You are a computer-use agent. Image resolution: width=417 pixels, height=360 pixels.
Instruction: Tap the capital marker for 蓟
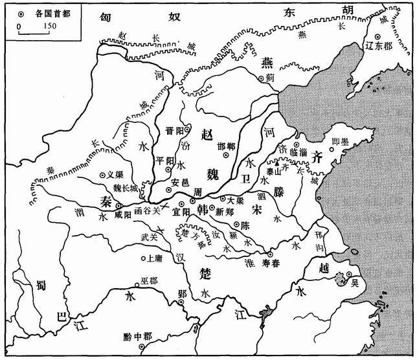click(262, 78)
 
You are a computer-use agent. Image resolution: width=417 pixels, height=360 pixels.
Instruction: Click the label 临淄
click(313, 152)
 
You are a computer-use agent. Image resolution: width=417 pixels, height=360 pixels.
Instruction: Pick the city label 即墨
click(341, 141)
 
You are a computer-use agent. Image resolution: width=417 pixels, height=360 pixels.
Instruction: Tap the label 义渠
click(114, 174)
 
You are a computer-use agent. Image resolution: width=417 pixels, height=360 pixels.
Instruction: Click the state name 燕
click(267, 62)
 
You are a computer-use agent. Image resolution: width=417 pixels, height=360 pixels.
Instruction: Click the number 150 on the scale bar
click(49, 26)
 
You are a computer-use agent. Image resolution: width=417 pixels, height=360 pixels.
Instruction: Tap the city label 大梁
click(236, 201)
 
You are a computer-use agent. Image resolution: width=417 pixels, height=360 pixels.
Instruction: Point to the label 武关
click(150, 238)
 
